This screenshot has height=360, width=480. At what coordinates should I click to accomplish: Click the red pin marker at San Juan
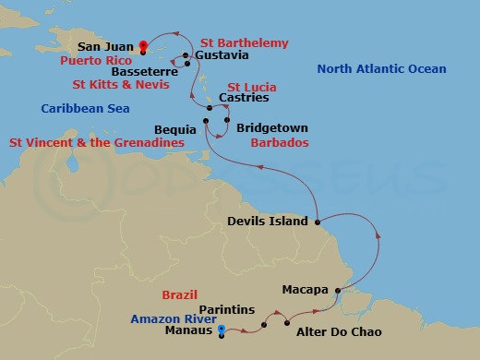143,42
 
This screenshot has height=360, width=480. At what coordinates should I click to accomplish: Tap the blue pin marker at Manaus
220,328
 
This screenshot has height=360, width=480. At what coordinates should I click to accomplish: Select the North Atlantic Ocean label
380,69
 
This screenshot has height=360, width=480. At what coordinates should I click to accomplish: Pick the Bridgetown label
272,127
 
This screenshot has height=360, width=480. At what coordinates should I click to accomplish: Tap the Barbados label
279,143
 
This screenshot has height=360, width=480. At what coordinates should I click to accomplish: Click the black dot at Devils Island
318,222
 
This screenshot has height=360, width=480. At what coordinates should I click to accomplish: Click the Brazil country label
179,295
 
